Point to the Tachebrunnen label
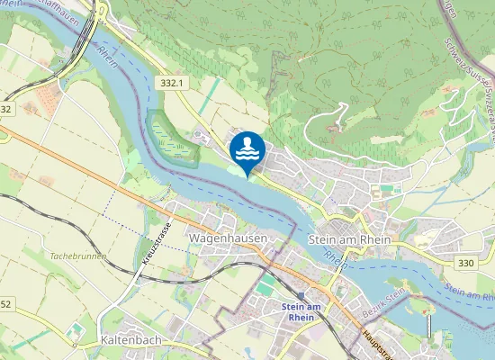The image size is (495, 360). pos(78,256)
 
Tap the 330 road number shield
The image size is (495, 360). pos(465,263)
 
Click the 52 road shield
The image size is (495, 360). pos(6,304)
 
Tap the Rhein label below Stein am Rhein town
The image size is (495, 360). pos(335,261)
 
